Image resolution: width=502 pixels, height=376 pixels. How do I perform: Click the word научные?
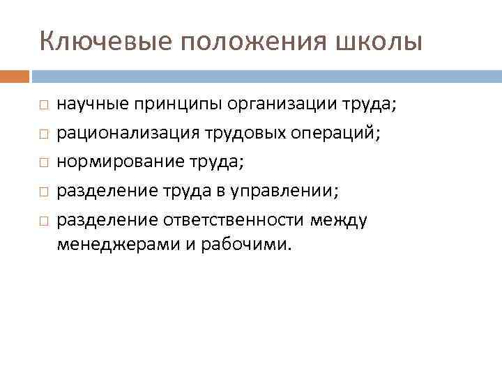click(x=88, y=104)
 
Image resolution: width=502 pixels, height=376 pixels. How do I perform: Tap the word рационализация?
click(x=119, y=132)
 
